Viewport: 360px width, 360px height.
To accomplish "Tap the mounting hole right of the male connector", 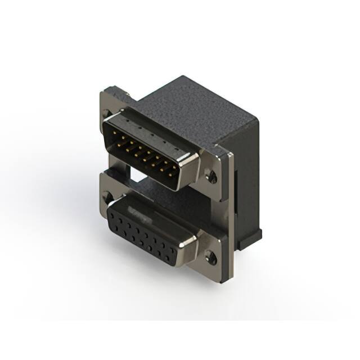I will pos(211,177).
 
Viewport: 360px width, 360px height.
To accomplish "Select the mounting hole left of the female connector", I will pos(107,196).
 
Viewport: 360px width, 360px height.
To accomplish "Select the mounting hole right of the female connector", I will pos(211,258).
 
